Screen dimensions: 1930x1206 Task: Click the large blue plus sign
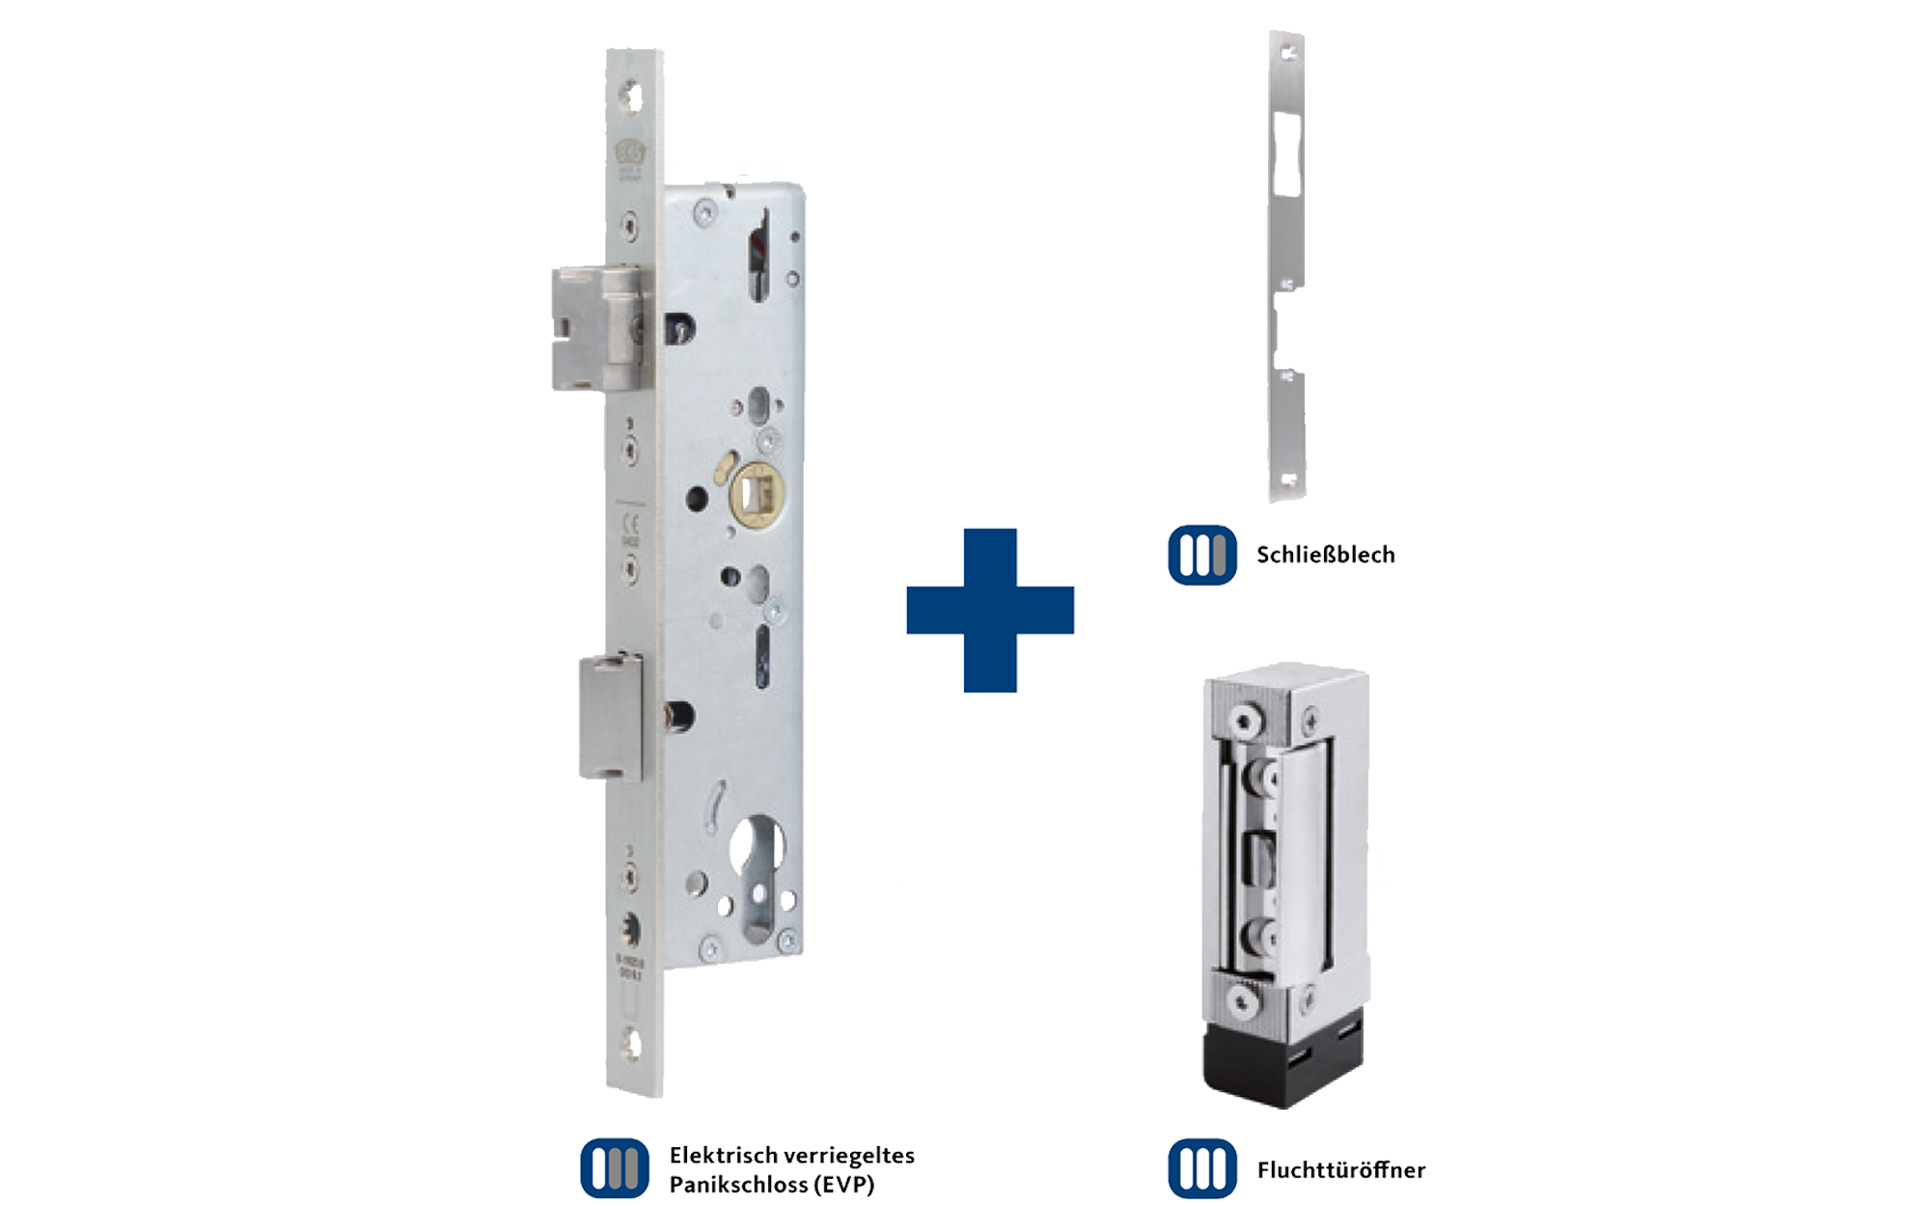pyautogui.click(x=990, y=610)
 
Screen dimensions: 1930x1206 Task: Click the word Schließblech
pyautogui.click(x=1325, y=555)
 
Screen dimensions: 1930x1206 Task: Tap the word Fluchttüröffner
pyautogui.click(x=1340, y=1170)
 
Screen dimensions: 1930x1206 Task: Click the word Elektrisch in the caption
pyautogui.click(x=726, y=1155)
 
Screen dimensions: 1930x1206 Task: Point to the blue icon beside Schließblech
pyautogui.click(x=1202, y=555)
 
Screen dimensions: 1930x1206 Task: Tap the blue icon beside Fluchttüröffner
pyautogui.click(x=1202, y=1168)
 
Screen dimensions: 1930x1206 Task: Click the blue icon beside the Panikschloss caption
pyautogui.click(x=615, y=1168)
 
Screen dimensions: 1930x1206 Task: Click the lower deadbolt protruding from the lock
pyautogui.click(x=610, y=716)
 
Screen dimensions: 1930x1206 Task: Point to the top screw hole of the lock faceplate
pyautogui.click(x=631, y=97)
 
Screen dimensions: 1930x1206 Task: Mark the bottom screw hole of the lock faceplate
pyautogui.click(x=631, y=1044)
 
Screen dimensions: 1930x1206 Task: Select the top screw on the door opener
pyautogui.click(x=1245, y=721)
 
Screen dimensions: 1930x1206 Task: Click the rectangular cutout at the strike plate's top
pyautogui.click(x=1286, y=154)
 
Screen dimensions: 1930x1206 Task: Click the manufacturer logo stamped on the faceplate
pyautogui.click(x=630, y=152)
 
